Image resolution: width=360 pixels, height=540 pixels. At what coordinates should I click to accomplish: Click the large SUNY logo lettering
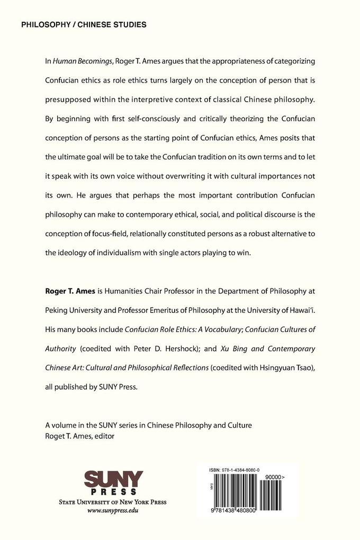pos(113,481)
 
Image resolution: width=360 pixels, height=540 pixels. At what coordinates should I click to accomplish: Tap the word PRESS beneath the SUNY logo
pos(113,494)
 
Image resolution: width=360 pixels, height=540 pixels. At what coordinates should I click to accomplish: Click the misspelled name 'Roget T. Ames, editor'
pos(79,436)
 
